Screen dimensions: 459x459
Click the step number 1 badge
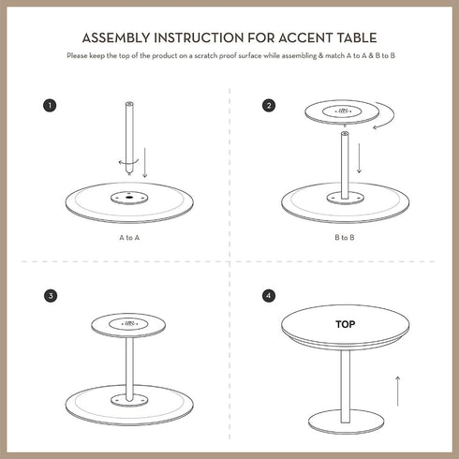[50, 105]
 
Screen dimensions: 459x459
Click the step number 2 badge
[270, 105]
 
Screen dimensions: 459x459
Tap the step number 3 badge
[50, 296]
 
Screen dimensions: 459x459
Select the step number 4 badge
[270, 296]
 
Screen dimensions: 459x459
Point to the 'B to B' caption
[344, 238]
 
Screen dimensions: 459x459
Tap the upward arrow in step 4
[397, 390]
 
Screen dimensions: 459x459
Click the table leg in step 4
[346, 386]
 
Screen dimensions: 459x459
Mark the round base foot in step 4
[346, 425]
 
